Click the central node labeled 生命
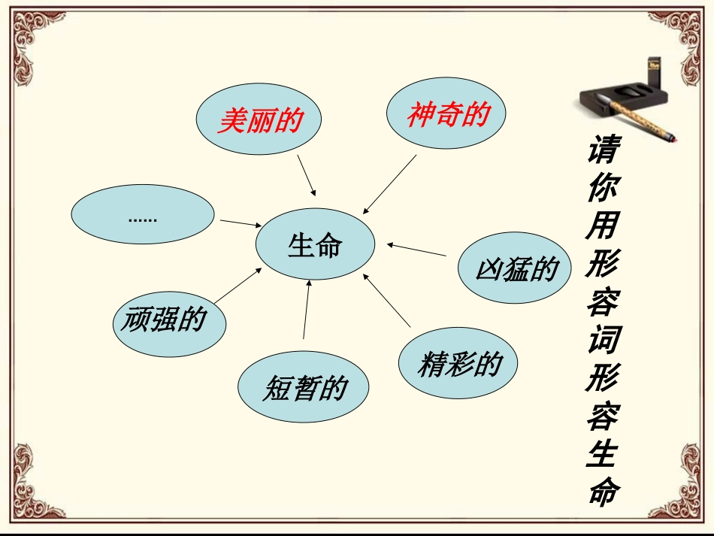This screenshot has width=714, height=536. (314, 245)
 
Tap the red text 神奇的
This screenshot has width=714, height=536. (448, 114)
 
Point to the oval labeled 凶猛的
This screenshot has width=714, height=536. (516, 269)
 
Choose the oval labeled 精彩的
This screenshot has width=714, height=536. (458, 364)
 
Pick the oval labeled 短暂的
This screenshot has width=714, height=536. (304, 388)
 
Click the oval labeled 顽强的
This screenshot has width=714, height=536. (163, 321)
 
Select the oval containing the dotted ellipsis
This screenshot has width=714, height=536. (142, 217)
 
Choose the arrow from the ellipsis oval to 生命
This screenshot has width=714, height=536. (240, 223)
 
